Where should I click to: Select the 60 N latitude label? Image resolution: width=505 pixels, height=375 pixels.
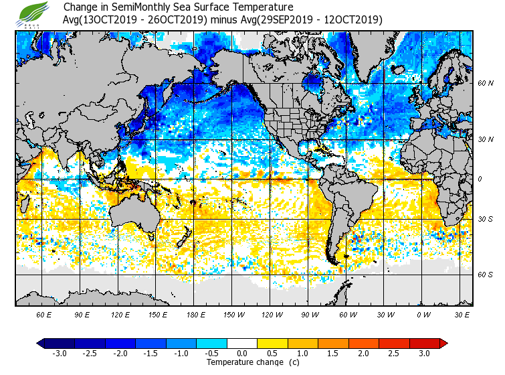tap(486, 83)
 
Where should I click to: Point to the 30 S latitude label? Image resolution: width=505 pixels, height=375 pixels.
tap(486, 219)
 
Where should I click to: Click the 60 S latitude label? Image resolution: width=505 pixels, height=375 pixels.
tap(486, 275)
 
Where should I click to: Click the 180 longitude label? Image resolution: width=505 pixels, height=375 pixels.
tap(195, 314)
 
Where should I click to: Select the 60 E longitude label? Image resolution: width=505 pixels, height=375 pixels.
tap(43, 314)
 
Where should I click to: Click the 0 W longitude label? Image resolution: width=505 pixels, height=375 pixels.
tap(423, 314)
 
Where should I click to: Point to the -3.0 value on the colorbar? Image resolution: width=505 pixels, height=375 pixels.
tap(60, 354)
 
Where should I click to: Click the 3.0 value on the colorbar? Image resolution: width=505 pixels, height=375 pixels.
tap(423, 354)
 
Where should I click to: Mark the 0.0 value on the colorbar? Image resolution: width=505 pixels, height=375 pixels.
tap(242, 354)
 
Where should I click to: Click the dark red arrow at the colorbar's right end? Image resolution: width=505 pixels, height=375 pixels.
tap(443, 343)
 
